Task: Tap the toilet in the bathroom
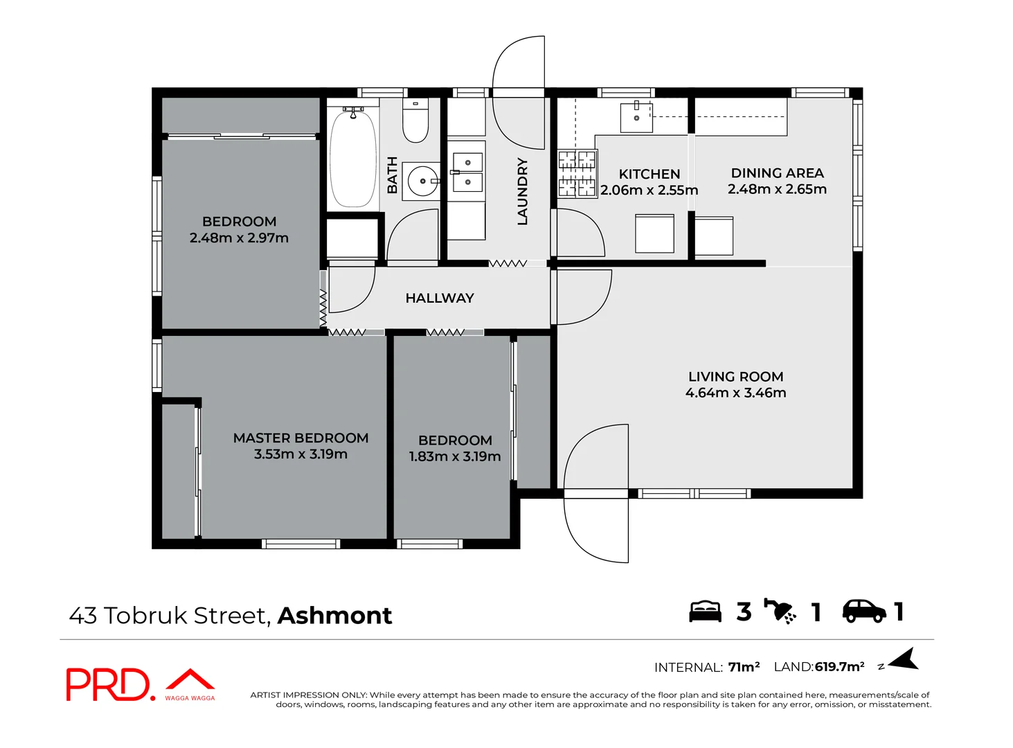coord(415,121)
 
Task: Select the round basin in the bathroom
coord(422,181)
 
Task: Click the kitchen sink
coord(636,117)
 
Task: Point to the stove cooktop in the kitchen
coord(577,173)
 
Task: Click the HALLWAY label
coord(440,299)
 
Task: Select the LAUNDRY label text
coord(523,191)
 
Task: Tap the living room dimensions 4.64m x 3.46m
coord(735,393)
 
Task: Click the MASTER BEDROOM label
coord(301,438)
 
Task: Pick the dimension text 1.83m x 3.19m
coord(455,457)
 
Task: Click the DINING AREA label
coord(777,173)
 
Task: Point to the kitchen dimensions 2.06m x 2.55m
coord(649,190)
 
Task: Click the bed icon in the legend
coord(705,612)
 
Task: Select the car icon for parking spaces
coord(863,611)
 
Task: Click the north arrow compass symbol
coord(904,660)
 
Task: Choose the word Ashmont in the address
coord(334,616)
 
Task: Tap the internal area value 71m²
coord(744,667)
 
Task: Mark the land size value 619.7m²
coord(839,667)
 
